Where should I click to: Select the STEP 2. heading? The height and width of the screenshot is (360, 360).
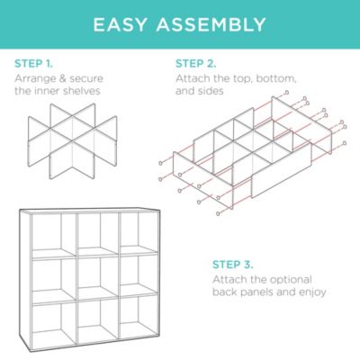coord(194,64)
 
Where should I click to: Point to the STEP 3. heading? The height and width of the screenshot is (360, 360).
coord(233,265)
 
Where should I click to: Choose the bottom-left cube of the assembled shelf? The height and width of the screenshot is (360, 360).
coord(55,322)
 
